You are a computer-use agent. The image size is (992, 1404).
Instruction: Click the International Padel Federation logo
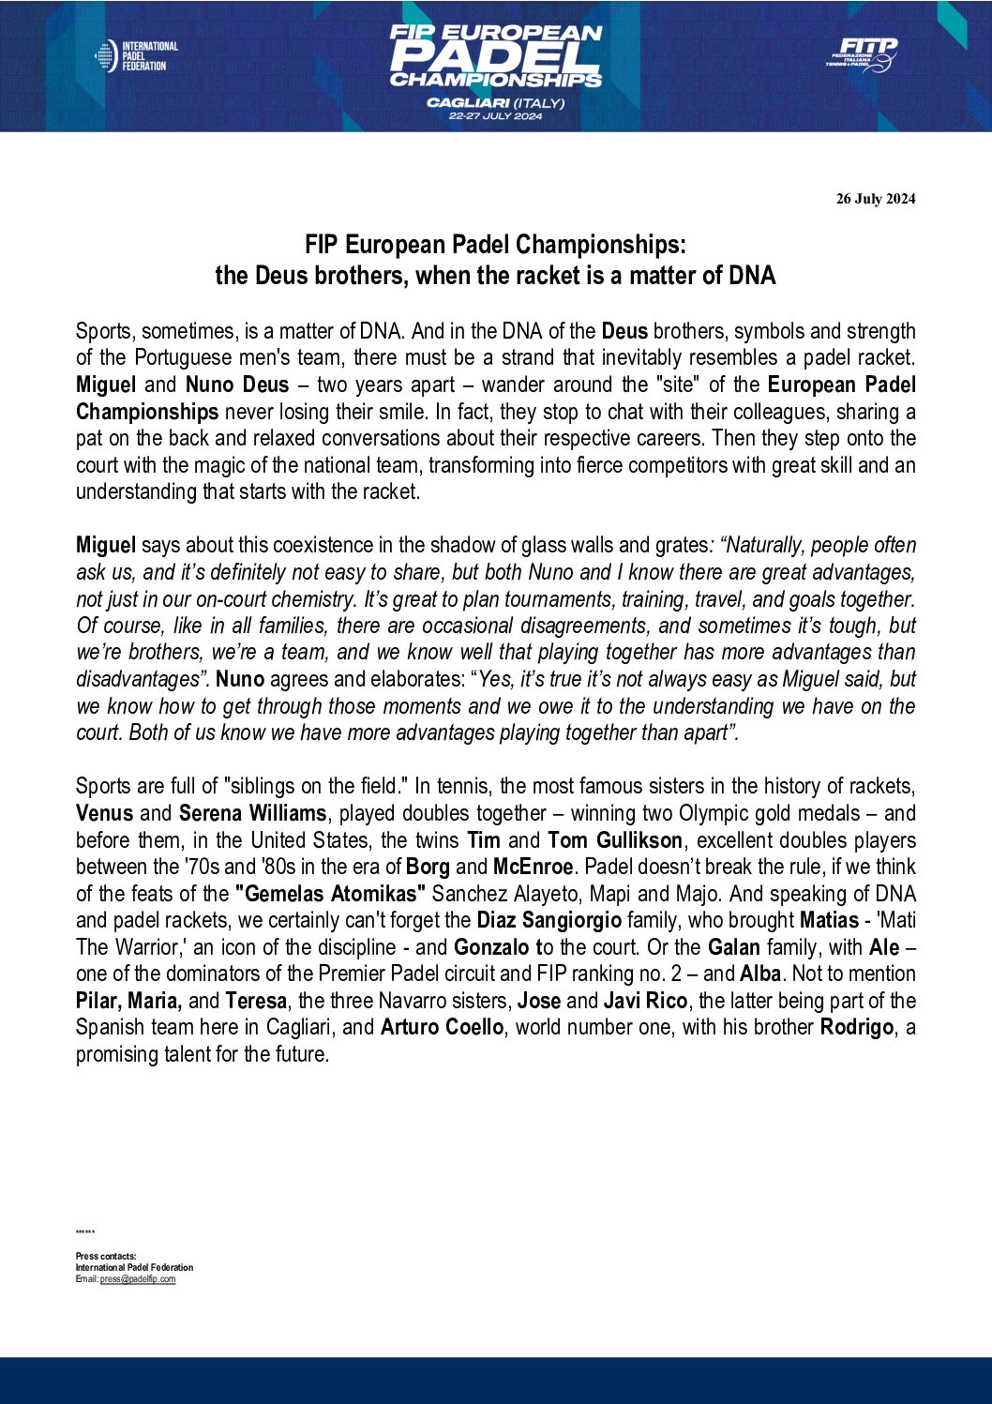137,56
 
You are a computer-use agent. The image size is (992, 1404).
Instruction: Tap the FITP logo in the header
863,54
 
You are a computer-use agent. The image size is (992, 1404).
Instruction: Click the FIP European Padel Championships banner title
495,56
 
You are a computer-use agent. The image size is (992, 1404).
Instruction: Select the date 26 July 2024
876,199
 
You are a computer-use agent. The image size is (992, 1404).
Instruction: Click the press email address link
138,1279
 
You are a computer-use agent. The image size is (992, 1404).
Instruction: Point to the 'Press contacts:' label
106,1257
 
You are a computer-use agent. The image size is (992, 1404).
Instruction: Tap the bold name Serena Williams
252,813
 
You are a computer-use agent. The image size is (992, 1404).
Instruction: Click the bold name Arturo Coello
442,1027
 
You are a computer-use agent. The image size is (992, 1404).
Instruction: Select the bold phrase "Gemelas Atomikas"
331,894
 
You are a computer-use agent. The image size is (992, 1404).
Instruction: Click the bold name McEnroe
533,867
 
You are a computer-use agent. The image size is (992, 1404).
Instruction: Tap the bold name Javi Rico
645,1001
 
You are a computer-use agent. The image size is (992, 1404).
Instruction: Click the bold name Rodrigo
856,1027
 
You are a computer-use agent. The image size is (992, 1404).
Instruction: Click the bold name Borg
428,867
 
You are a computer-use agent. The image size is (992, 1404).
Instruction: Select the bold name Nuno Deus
237,385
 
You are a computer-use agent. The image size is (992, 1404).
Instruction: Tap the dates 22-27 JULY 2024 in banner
495,116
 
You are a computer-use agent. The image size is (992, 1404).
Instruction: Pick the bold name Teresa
256,1001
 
